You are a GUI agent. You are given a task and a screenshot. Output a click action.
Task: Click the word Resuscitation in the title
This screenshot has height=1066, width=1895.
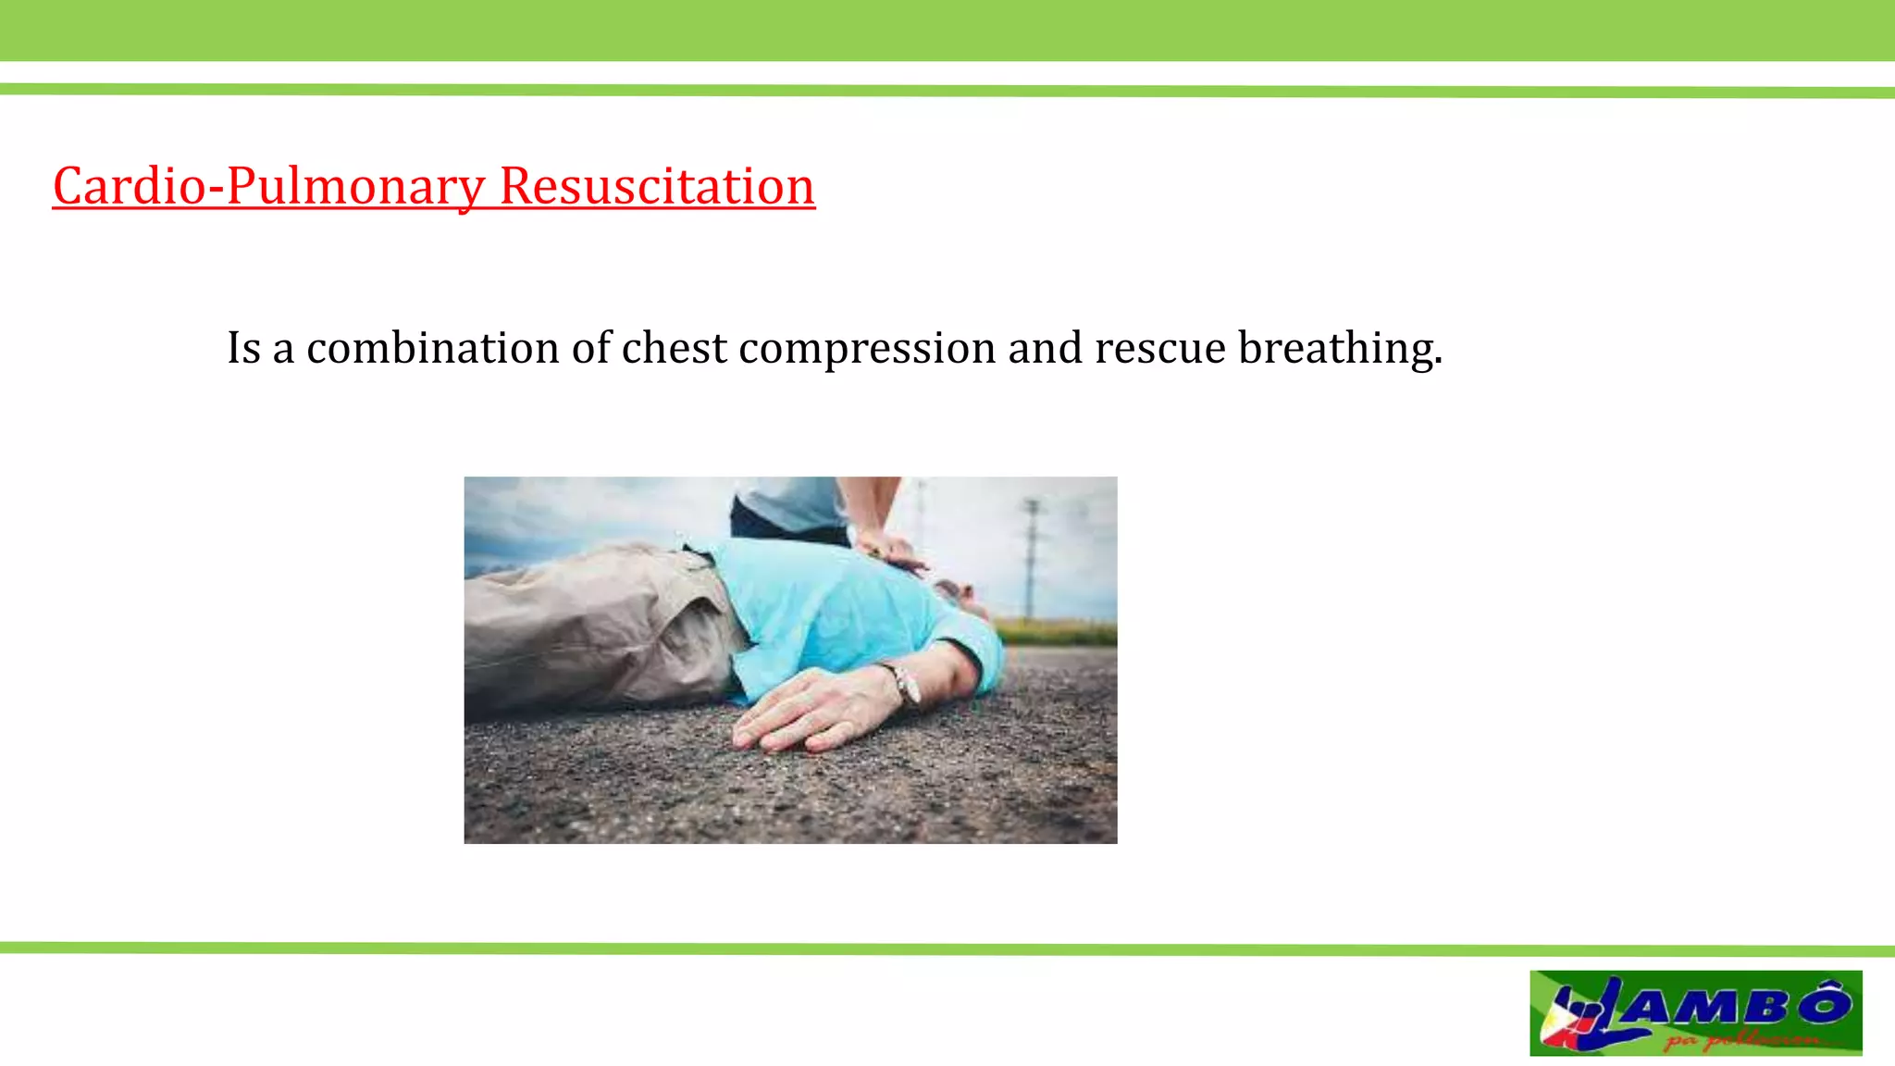point(657,186)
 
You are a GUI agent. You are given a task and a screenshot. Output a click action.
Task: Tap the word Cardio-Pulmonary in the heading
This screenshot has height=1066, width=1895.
point(268,186)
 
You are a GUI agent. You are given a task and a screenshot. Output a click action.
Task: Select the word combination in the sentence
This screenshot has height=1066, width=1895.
point(433,348)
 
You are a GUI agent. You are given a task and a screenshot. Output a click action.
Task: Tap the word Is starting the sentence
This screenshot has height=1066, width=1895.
point(244,348)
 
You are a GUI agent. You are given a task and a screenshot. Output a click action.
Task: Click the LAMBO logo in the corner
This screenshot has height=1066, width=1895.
point(1695,1012)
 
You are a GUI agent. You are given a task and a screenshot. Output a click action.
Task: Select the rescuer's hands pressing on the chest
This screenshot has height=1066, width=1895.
point(890,552)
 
